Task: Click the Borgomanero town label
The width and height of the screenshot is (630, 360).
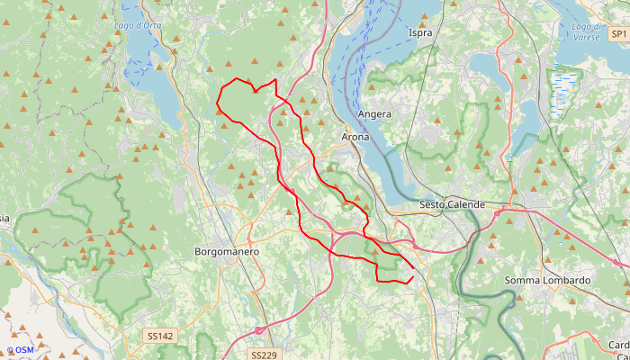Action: (227, 252)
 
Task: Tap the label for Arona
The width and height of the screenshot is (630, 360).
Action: (355, 137)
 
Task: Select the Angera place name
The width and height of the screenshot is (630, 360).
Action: (374, 114)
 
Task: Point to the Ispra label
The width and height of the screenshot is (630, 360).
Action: (420, 33)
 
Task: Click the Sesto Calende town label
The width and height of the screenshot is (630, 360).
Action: (452, 205)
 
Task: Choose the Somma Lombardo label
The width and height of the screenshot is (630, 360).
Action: (547, 281)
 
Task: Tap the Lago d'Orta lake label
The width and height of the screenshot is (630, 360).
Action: (138, 25)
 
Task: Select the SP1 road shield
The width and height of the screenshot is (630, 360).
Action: (617, 33)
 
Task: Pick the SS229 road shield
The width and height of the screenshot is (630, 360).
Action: (263, 355)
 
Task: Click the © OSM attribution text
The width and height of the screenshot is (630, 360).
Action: (20, 350)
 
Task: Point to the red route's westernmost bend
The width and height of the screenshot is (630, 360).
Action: (217, 105)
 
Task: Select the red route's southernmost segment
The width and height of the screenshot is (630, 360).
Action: (392, 282)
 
